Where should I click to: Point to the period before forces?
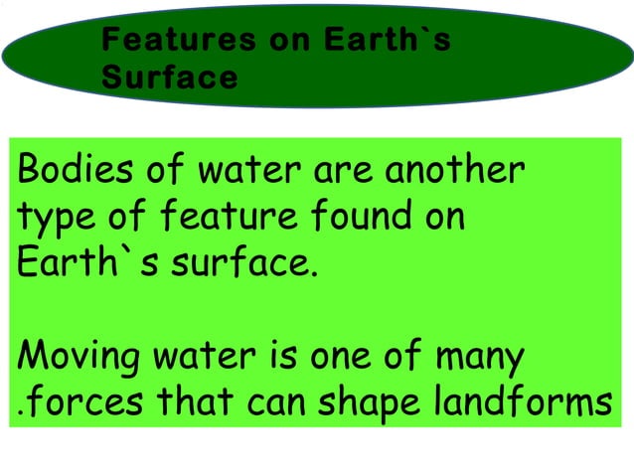20,408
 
